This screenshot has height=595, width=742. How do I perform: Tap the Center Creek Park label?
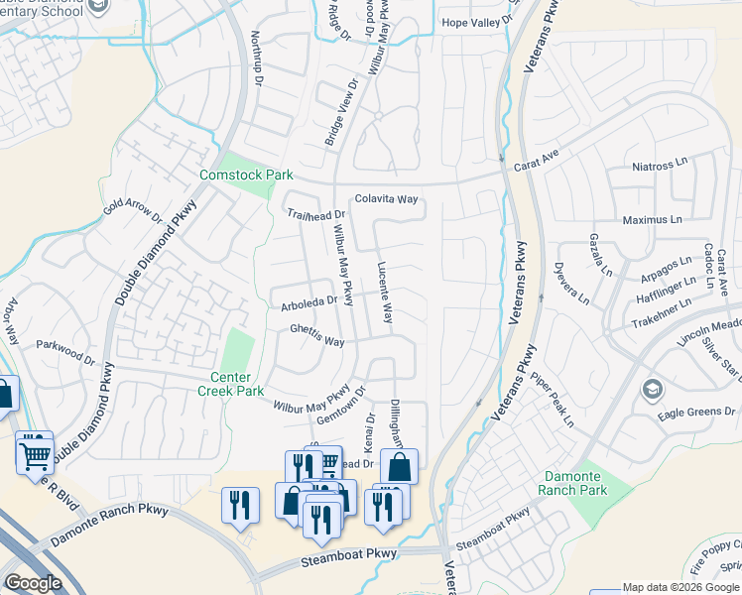[237, 384]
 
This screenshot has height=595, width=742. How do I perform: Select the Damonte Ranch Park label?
[571, 483]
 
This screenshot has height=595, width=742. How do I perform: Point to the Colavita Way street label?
[387, 199]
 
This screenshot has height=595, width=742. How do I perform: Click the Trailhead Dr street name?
[315, 213]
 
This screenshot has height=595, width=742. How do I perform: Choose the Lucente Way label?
[386, 293]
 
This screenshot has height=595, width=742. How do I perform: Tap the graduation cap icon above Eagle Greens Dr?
[652, 387]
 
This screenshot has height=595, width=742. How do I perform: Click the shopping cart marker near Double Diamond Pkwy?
[35, 455]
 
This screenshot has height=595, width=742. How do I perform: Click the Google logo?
[35, 583]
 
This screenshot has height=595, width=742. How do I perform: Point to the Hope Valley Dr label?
[480, 21]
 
